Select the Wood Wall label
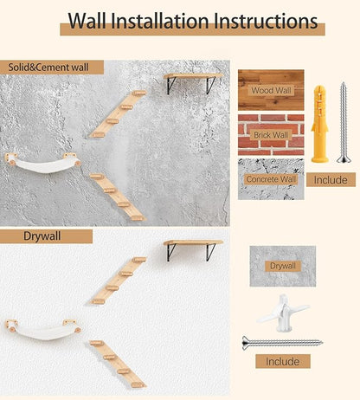(271, 90)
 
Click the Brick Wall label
(271, 135)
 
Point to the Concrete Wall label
(271, 178)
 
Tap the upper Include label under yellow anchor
(331, 180)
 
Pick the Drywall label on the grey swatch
(282, 267)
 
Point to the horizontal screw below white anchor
(282, 342)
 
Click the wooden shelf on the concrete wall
(191, 77)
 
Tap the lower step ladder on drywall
(116, 363)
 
